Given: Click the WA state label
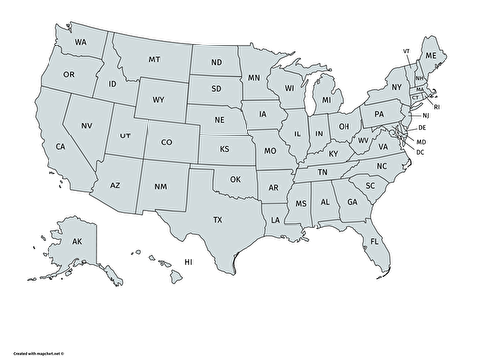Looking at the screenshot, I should click(x=82, y=42).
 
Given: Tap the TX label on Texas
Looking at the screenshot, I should click(x=218, y=219).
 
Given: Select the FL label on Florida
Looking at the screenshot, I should click(x=375, y=241).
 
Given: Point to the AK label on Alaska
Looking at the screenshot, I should click(x=76, y=240).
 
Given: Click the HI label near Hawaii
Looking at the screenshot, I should click(x=188, y=261).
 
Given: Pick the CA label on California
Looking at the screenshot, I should click(x=60, y=146).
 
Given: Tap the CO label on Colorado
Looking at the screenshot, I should click(x=167, y=141).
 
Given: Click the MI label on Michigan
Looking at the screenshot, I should click(x=324, y=100).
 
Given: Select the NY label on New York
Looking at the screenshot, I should click(x=396, y=87).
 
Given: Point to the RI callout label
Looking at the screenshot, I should click(x=437, y=106).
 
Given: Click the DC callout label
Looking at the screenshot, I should click(x=420, y=152).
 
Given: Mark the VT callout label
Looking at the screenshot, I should click(x=406, y=50).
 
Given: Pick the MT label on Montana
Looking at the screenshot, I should click(x=155, y=59).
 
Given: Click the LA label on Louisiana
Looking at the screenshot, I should click(x=274, y=219).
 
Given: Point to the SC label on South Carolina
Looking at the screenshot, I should click(x=370, y=185).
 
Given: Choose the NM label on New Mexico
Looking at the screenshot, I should click(x=161, y=187).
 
